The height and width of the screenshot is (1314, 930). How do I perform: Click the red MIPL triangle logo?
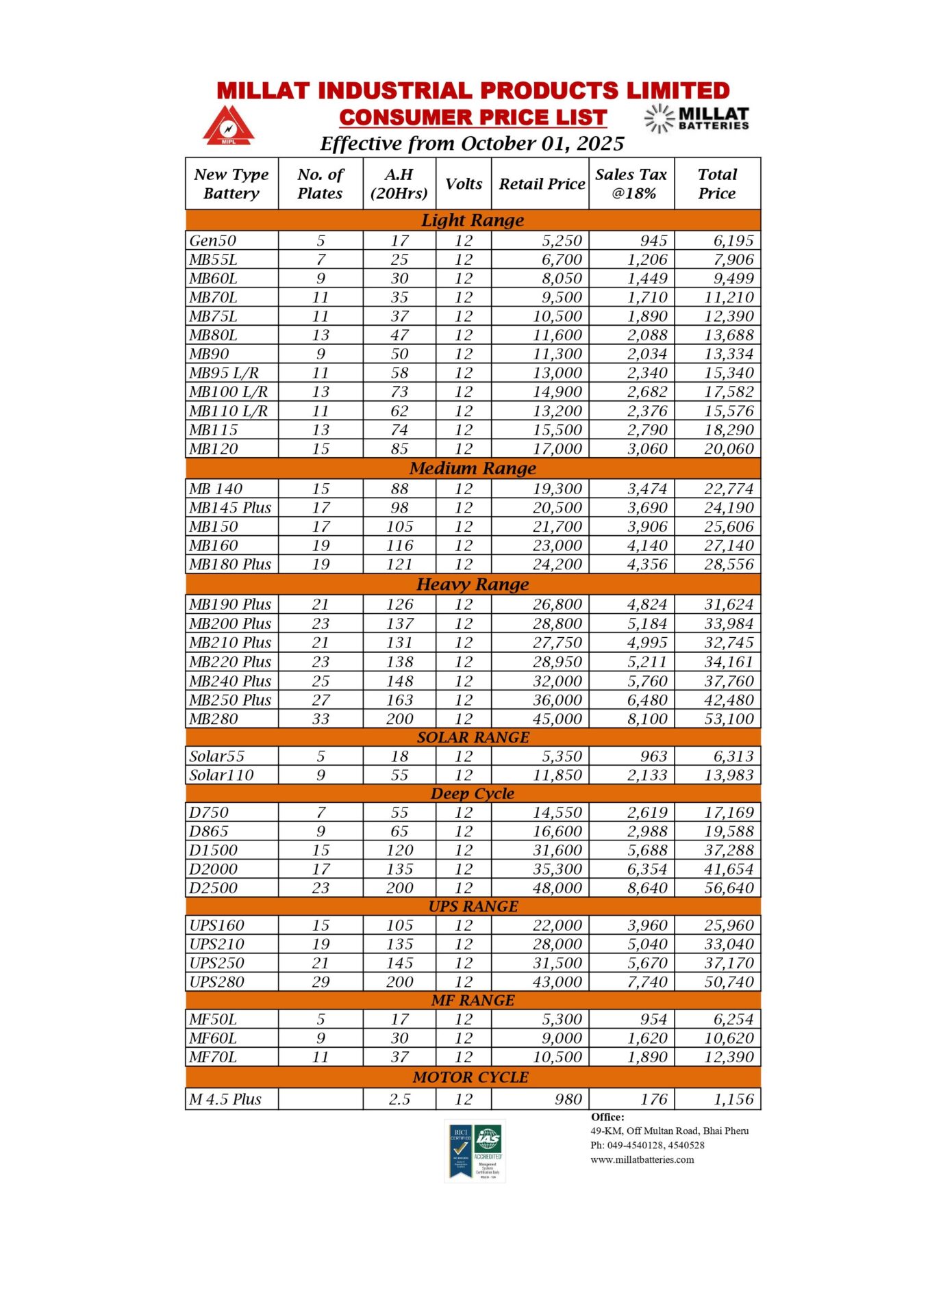(228, 125)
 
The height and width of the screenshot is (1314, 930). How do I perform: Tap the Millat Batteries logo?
(697, 118)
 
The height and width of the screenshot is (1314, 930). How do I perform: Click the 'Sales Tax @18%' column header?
(631, 183)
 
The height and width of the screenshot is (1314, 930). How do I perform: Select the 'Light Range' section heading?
(473, 220)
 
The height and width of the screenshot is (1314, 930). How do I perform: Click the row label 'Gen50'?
(213, 241)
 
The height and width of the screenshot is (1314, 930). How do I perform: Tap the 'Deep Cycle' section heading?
(473, 794)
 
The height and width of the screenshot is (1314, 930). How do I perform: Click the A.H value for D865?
(399, 832)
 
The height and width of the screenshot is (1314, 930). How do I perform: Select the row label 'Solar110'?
(222, 775)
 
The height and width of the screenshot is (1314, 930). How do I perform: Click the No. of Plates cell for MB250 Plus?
(321, 700)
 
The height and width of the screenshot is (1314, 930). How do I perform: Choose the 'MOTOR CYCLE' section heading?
(471, 1077)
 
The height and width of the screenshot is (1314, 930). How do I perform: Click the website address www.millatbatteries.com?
(642, 1160)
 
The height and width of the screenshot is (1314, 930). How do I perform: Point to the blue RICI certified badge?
(460, 1152)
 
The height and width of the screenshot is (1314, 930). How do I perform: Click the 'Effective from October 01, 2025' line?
(473, 144)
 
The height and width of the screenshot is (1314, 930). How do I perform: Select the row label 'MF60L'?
(214, 1038)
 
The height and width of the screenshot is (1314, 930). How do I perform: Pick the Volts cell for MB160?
(464, 546)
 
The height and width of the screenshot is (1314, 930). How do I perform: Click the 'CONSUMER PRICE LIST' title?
(473, 118)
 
